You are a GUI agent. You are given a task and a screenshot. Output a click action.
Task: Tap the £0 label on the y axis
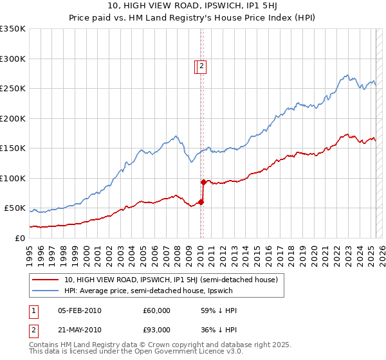(19, 238)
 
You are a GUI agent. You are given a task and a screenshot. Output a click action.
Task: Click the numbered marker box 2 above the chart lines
(201, 65)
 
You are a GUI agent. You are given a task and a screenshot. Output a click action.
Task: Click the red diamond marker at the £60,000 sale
(201, 202)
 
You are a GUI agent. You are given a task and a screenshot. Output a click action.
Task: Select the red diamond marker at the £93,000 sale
(203, 183)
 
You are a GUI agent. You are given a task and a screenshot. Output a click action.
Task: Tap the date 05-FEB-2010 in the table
(79, 310)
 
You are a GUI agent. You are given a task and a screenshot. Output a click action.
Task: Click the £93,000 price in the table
(156, 330)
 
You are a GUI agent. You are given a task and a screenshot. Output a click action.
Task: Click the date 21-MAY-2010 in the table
(79, 330)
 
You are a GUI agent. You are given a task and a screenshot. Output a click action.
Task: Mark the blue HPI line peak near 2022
(347, 75)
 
